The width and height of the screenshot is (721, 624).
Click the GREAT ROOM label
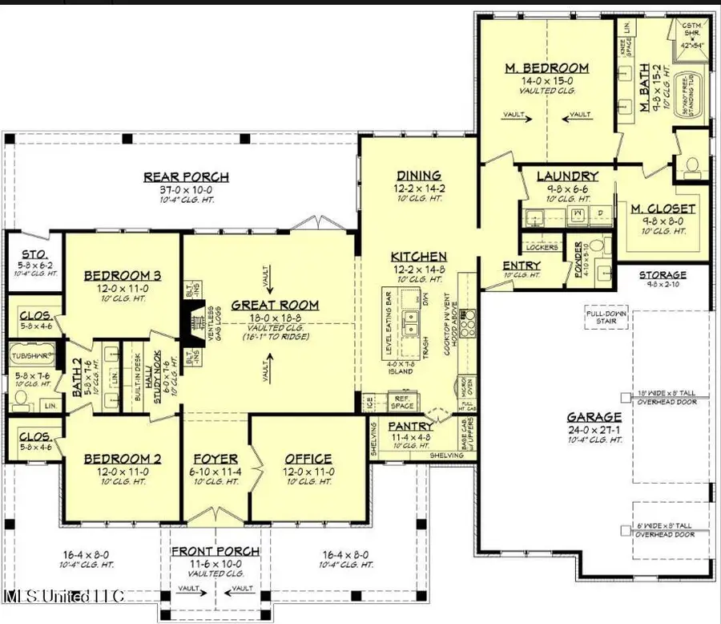[x=275, y=305]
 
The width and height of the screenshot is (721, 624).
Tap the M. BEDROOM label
[x=547, y=68]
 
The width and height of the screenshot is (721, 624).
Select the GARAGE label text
[x=594, y=417]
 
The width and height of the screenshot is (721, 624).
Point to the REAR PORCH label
[x=186, y=177]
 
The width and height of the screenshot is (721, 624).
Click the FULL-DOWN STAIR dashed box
[x=605, y=318]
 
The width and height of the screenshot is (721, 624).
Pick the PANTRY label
[x=410, y=427]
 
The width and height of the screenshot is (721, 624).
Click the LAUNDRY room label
[x=567, y=176]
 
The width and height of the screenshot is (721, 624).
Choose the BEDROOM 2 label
[x=123, y=460]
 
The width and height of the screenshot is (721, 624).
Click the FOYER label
[x=216, y=460]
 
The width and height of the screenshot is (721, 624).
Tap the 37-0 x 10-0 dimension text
[x=186, y=190]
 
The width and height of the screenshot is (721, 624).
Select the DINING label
[x=418, y=176]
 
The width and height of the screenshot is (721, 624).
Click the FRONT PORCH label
[x=215, y=551]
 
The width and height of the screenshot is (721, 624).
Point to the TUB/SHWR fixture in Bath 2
[x=32, y=352]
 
